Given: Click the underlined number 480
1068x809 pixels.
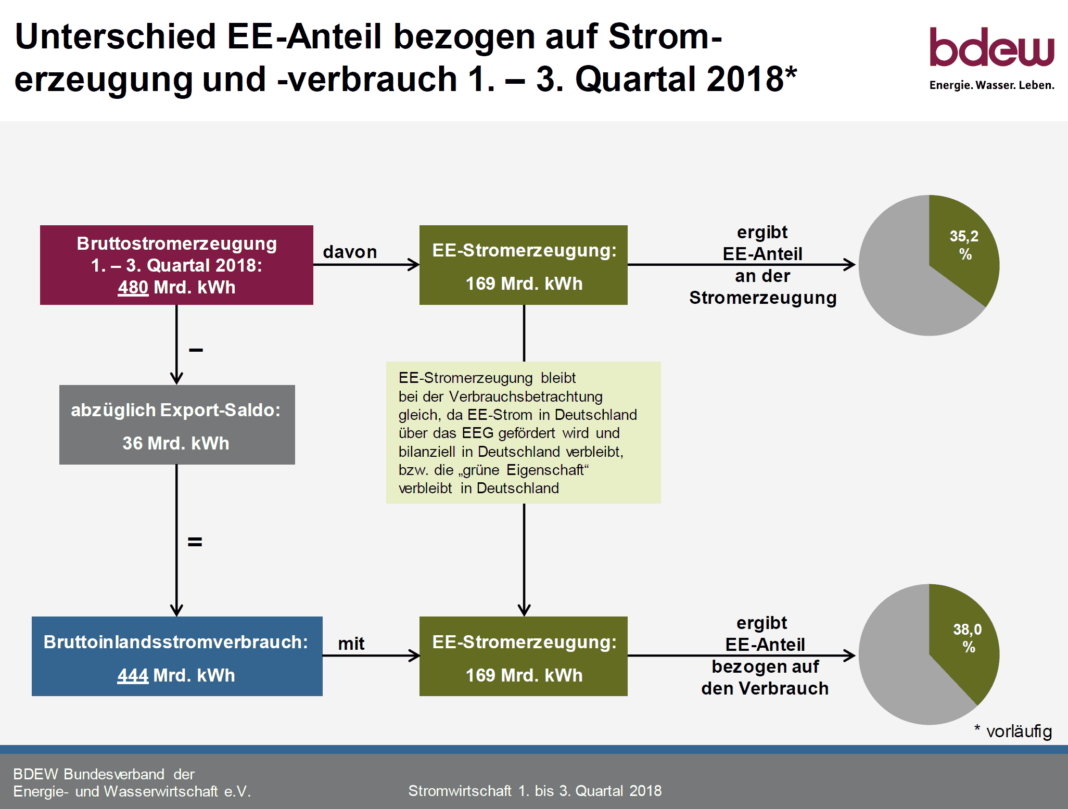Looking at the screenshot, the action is (133, 287).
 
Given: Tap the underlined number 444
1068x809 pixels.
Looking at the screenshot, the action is (133, 675).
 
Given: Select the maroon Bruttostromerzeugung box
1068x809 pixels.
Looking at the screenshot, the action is (176, 265).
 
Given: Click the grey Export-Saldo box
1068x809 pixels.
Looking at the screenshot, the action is (177, 425).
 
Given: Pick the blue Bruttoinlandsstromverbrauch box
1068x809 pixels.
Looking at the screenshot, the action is (177, 656).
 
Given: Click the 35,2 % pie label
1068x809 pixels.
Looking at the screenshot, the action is (964, 245).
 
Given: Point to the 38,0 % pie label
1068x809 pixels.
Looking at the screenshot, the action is (968, 638).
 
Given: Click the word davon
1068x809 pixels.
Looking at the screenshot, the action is (350, 252).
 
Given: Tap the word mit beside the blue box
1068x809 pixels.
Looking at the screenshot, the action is (351, 644).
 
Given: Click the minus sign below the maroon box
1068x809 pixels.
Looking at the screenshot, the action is (196, 350).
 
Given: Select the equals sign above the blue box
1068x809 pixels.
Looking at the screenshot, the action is (195, 542).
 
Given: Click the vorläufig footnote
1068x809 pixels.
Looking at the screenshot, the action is (1013, 731).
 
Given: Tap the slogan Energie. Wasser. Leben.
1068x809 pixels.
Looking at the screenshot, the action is (992, 85).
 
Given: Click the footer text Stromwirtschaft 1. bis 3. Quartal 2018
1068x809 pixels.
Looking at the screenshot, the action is (535, 791).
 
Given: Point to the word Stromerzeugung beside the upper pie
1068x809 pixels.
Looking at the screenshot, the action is (763, 298).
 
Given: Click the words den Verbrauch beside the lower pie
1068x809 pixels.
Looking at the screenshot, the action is (765, 688).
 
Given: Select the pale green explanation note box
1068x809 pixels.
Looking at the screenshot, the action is (524, 432).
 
